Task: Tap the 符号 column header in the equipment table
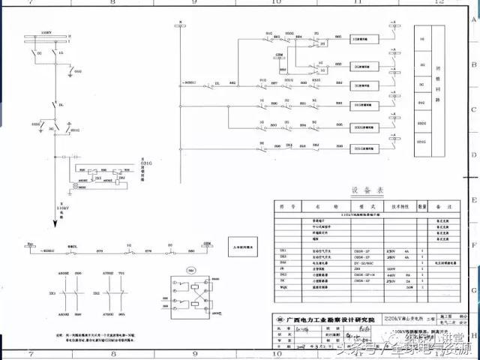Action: click(x=283, y=203)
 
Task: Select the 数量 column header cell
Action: click(x=423, y=203)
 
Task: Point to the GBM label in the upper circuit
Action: click(x=279, y=54)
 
